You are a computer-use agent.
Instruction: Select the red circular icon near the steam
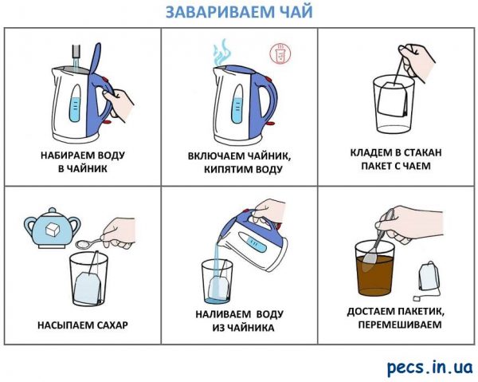[280, 53]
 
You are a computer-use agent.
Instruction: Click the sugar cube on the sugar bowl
[52, 229]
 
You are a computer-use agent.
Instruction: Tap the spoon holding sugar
[92, 242]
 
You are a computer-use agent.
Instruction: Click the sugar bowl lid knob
[53, 211]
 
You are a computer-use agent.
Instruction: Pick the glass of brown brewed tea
[374, 268]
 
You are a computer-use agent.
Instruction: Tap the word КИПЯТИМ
[226, 169]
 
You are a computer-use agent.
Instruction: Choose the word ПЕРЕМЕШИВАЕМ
[400, 324]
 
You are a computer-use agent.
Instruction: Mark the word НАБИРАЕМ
[65, 155]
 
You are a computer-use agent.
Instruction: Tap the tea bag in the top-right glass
[392, 99]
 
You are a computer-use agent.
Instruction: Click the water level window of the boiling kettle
[237, 104]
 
